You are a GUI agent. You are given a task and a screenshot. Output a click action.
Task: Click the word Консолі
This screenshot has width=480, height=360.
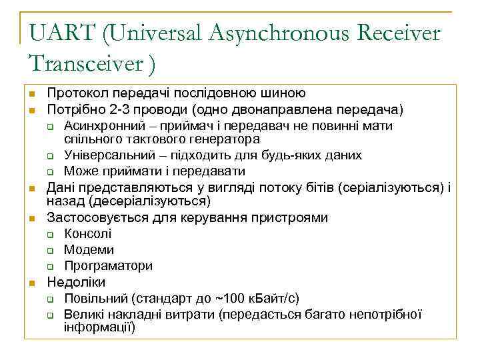click(x=88, y=234)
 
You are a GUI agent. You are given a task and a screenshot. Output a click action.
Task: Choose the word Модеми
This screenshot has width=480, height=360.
click(x=89, y=250)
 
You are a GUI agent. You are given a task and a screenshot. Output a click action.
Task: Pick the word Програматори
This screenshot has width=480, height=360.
click(x=108, y=266)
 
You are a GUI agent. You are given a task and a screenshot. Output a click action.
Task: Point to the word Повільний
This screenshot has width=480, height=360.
click(x=95, y=298)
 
